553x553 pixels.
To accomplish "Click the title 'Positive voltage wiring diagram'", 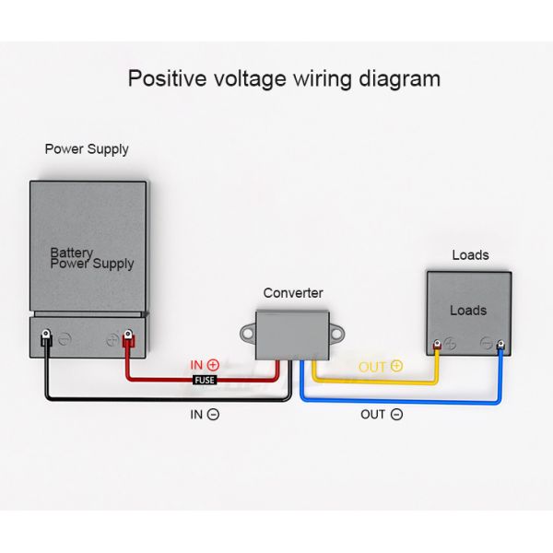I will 284,77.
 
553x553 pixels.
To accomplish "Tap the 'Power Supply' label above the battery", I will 87,148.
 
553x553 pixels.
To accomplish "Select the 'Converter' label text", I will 293,293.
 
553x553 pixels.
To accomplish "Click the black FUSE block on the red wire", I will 205,379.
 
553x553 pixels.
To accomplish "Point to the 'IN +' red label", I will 205,365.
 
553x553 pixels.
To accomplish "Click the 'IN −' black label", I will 205,415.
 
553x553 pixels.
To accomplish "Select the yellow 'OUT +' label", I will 381,366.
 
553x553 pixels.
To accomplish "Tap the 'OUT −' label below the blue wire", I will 381,415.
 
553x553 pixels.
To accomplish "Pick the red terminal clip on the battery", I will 129,342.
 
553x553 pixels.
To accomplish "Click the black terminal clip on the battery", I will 44,342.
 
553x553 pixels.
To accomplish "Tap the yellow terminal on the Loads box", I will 437,347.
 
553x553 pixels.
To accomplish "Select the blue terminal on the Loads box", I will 500,347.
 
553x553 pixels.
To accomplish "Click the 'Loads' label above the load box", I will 470,255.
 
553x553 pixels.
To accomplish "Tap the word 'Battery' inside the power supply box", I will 72,252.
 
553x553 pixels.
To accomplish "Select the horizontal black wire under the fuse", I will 166,398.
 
